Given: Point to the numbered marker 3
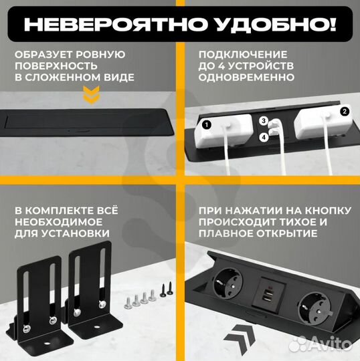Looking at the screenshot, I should pos(264,122).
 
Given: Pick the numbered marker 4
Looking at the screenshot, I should pos(264,138).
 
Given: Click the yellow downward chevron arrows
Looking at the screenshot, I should pos(88,99).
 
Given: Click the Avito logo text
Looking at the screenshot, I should pos(331,346).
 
